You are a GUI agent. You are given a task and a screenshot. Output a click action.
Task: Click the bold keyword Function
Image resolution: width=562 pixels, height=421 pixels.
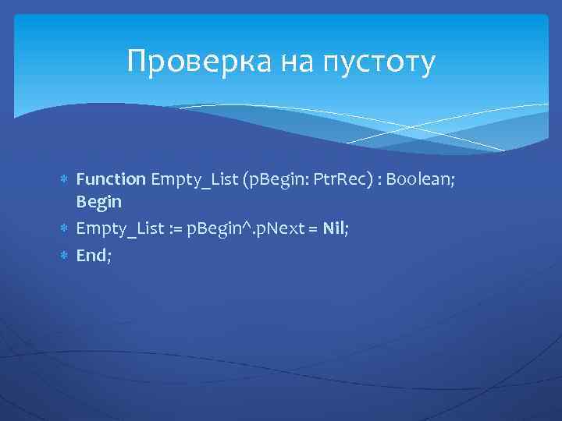(111, 180)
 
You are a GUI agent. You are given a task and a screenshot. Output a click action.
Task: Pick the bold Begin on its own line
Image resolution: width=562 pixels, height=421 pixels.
(98, 202)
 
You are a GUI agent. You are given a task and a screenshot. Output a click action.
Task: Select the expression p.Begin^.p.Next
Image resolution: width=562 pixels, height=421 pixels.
(247, 228)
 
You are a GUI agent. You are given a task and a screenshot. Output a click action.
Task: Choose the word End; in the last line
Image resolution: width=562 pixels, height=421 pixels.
(94, 254)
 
